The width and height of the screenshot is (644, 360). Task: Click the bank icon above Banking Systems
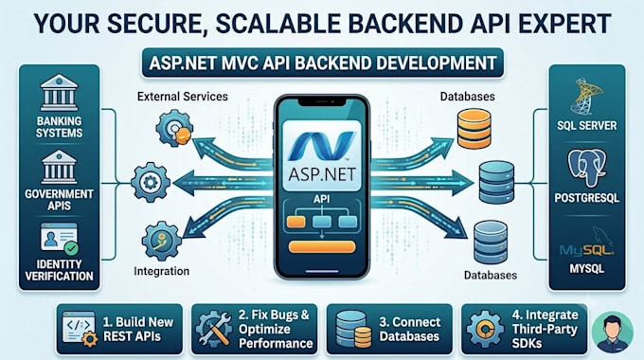[59, 93]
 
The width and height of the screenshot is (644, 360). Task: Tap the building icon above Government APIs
[59, 167]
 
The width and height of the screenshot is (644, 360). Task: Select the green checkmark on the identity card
[71, 248]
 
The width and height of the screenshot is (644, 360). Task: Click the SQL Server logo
[586, 96]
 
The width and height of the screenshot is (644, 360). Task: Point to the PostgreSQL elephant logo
[586, 168]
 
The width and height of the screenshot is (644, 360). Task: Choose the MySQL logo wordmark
[586, 249]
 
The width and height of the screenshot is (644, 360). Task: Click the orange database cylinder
[474, 129]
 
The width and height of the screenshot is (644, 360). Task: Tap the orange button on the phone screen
[322, 246]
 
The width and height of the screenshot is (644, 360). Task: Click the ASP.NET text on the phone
[322, 174]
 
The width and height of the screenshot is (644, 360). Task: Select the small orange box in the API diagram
[295, 222]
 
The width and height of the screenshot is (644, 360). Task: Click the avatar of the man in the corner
[613, 333]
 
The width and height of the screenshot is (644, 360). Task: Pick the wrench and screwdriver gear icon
[213, 330]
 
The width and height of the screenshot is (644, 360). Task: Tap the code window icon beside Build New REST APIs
[80, 329]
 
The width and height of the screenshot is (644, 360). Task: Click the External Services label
[183, 97]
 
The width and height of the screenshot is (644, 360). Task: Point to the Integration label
[161, 271]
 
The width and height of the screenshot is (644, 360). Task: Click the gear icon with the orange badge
[174, 128]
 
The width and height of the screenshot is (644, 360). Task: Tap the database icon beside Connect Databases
[353, 329]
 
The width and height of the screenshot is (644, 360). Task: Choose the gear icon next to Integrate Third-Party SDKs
[485, 330]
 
